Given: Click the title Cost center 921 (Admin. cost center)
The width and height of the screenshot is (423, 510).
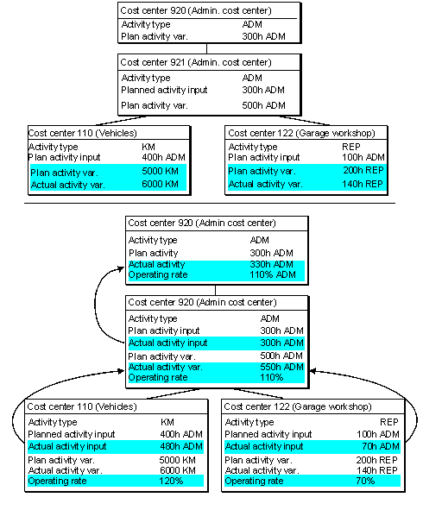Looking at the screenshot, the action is (196, 62).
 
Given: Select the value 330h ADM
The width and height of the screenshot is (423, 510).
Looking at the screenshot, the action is (271, 264).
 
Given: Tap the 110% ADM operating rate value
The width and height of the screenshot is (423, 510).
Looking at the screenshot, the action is (273, 274).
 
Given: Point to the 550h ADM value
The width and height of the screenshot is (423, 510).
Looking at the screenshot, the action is (281, 367).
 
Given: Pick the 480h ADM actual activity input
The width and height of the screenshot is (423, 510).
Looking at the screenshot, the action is (181, 446).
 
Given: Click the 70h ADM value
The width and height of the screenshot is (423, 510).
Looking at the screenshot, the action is (381, 446).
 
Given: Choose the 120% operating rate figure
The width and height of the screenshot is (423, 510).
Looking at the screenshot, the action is (171, 481).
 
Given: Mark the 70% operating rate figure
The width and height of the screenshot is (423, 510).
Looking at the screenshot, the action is (365, 481).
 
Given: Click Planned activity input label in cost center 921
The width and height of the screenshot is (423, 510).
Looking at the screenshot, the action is (164, 90).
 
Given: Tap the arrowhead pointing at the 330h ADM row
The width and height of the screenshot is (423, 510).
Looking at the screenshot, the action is (121, 268).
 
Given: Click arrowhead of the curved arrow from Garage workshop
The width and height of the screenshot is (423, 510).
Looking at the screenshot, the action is (313, 371).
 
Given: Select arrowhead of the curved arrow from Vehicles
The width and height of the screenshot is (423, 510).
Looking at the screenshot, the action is (121, 371).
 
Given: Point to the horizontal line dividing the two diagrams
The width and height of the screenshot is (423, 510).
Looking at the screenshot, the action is (210, 204).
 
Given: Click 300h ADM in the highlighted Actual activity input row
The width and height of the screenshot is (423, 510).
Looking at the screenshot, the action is (281, 343).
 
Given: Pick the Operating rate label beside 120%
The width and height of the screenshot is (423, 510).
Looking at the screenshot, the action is (57, 481).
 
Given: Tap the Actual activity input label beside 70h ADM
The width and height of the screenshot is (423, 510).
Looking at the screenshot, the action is (264, 446).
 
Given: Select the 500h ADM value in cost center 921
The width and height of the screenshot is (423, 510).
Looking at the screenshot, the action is (263, 105).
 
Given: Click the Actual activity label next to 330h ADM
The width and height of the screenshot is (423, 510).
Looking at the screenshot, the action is (156, 264).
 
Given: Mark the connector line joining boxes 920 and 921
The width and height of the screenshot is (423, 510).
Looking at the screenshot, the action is (206, 48).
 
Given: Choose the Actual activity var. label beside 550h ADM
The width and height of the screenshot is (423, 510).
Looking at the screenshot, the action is (165, 367).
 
